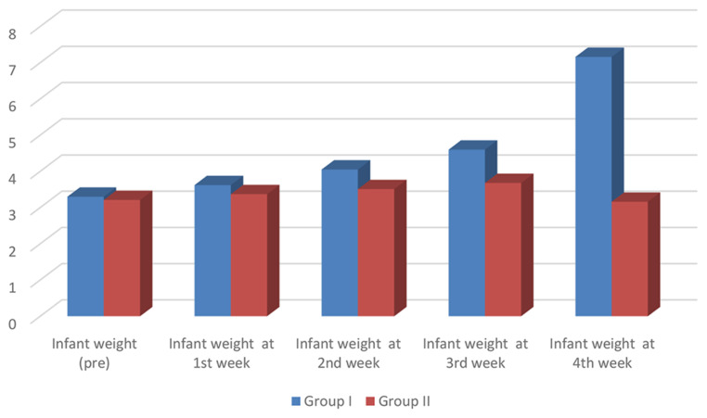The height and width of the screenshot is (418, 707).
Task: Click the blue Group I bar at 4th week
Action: click(x=594, y=185)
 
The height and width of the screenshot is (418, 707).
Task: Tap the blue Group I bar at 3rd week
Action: click(x=467, y=232)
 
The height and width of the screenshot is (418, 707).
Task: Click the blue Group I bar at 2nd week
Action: click(x=340, y=242)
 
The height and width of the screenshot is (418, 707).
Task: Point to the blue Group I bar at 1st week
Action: click(x=212, y=249)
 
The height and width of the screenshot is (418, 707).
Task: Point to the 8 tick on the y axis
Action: click(x=12, y=32)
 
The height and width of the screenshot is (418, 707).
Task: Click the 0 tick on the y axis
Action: click(x=12, y=322)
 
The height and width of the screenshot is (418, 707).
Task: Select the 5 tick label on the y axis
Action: click(x=12, y=141)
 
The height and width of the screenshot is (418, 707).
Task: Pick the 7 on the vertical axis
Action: click(x=12, y=69)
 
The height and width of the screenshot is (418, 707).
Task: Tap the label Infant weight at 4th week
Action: click(x=601, y=353)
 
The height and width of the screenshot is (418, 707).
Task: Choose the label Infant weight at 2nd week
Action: click(x=348, y=353)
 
